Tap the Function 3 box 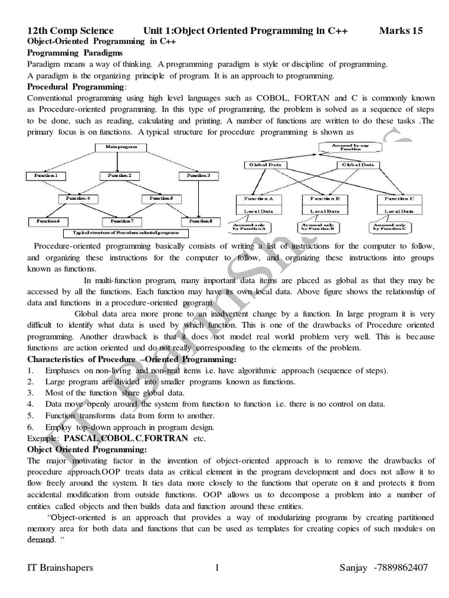point(194,175)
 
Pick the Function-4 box point(78,199)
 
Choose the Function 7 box point(123,221)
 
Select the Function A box point(258,199)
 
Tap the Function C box point(399,199)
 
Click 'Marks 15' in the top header point(401,31)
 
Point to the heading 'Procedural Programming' point(76,86)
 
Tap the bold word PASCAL point(81,437)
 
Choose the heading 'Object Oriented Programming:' point(87,449)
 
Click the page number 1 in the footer point(217,568)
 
